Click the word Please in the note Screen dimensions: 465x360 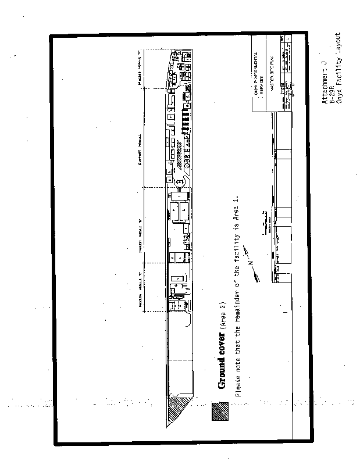pos(237,387)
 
